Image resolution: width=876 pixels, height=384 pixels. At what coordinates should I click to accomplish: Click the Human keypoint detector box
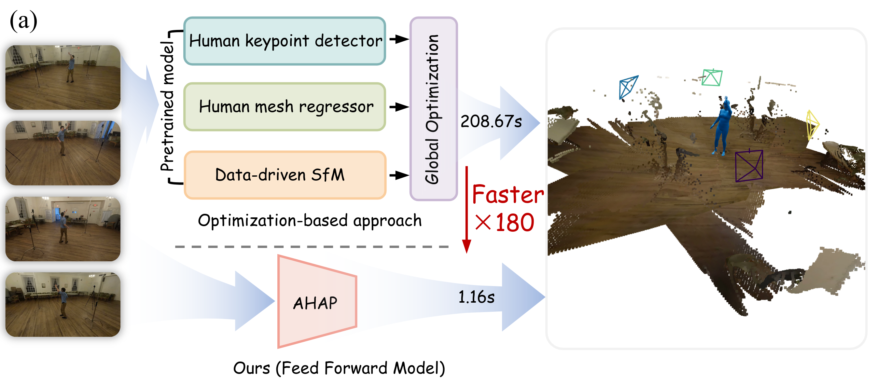coord(285,41)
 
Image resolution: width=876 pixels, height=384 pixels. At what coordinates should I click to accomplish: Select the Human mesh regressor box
coord(285,107)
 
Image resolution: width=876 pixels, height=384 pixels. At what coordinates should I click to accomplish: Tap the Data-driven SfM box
coord(285,175)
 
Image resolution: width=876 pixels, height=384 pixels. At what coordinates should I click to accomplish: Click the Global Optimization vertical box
coord(433,109)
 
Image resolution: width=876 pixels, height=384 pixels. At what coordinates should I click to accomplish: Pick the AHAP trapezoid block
coord(316,302)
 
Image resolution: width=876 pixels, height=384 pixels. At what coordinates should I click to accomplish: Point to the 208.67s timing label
coord(491,121)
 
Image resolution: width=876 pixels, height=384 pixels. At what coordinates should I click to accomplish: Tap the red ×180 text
coord(505,223)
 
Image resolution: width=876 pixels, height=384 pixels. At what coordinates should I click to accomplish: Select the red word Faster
coord(508,195)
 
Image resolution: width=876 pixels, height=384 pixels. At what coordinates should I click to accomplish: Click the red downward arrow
coord(466,211)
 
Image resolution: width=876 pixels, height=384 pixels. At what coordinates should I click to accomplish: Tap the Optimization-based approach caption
coord(310,221)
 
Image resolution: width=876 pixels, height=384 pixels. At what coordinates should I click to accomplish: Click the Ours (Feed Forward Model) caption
coord(339,368)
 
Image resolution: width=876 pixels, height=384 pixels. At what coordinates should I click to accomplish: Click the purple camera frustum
coord(749,166)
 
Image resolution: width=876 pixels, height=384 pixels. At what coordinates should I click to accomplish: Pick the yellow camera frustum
coord(812,124)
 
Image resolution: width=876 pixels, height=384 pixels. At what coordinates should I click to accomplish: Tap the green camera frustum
coord(712,77)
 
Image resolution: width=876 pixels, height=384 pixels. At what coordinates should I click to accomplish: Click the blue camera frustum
coord(627,87)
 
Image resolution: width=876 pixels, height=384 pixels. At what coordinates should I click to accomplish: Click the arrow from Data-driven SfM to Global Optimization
coord(398,175)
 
